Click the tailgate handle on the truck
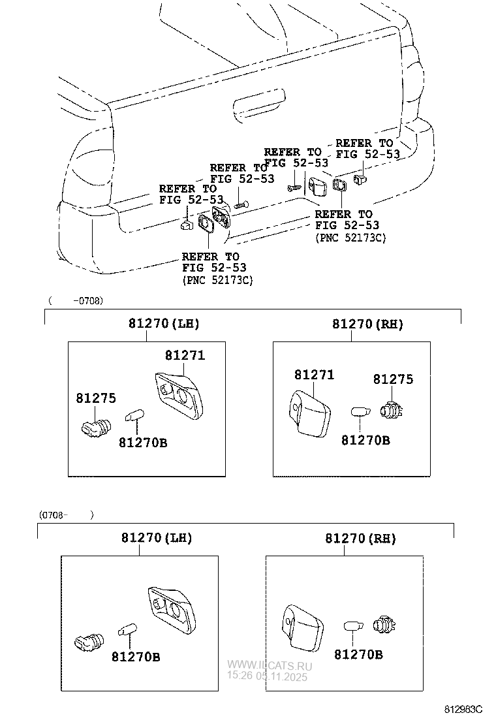click(259, 104)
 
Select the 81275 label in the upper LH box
click(95, 398)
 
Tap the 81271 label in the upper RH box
click(314, 375)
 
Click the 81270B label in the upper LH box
click(143, 443)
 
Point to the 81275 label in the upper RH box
click(393, 379)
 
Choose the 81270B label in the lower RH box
click(358, 654)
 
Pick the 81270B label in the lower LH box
click(135, 656)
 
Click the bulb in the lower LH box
click(127, 630)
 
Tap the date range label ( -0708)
click(75, 301)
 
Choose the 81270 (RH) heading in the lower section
click(360, 539)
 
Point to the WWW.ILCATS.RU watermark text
click(270, 665)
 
